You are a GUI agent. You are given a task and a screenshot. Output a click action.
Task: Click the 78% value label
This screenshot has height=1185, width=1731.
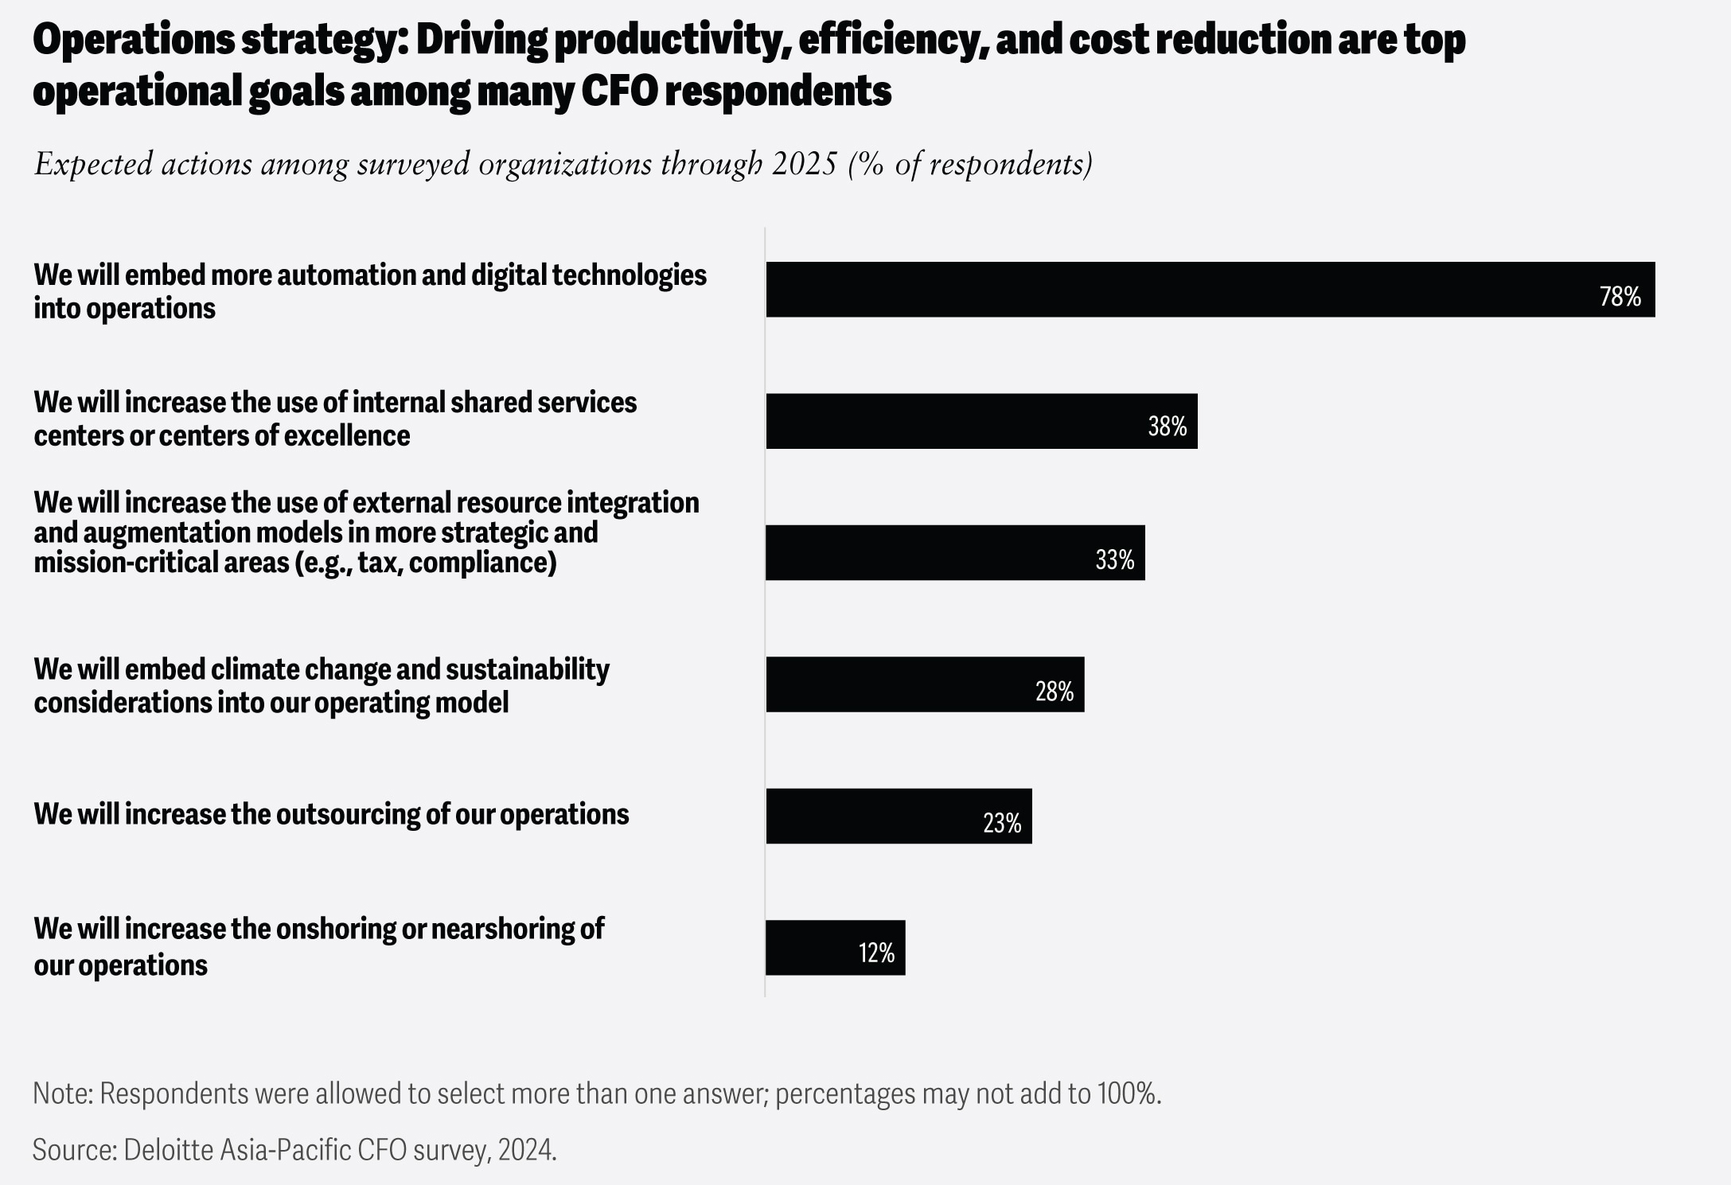1620,297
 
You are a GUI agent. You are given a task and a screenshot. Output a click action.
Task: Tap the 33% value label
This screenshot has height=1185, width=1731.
1114,560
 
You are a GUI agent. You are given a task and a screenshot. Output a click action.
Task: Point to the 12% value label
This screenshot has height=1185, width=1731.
876,953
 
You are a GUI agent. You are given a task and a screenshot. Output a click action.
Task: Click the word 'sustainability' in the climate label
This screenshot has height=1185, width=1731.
527,669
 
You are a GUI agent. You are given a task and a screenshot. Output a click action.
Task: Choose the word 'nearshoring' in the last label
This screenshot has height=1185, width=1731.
502,929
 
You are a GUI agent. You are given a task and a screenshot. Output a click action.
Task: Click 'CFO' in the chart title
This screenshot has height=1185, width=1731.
619,91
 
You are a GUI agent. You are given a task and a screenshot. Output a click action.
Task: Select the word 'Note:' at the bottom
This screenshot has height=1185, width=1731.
63,1093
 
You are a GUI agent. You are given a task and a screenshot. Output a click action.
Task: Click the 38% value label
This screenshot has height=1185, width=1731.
1167,427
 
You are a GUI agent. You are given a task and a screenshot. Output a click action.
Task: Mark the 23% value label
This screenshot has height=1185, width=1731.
1001,823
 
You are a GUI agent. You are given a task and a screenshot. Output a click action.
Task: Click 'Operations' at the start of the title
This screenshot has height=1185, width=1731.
133,39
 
